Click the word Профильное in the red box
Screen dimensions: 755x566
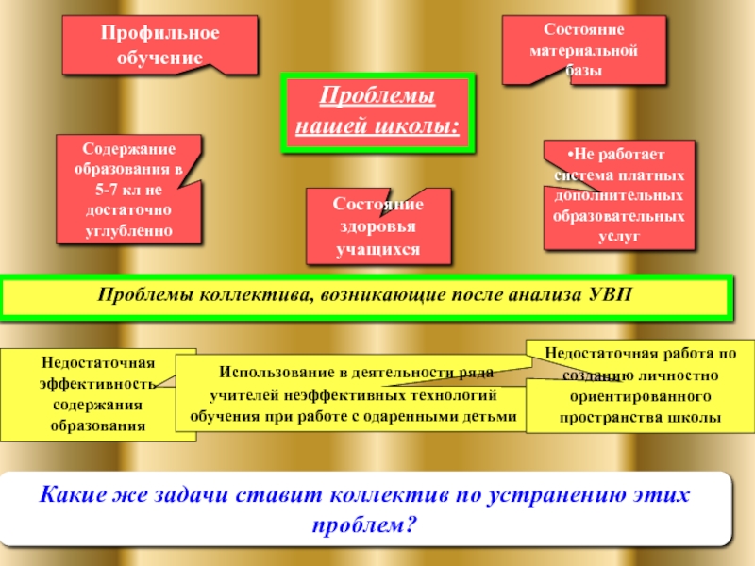click(159, 35)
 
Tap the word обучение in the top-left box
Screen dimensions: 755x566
click(159, 57)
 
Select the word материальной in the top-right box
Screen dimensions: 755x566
click(583, 50)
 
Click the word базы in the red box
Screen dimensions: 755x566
click(583, 70)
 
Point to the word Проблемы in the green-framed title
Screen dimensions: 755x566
click(376, 98)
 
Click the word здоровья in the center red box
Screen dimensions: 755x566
click(377, 227)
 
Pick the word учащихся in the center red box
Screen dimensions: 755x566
click(377, 249)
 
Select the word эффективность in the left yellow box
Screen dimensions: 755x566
click(96, 384)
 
